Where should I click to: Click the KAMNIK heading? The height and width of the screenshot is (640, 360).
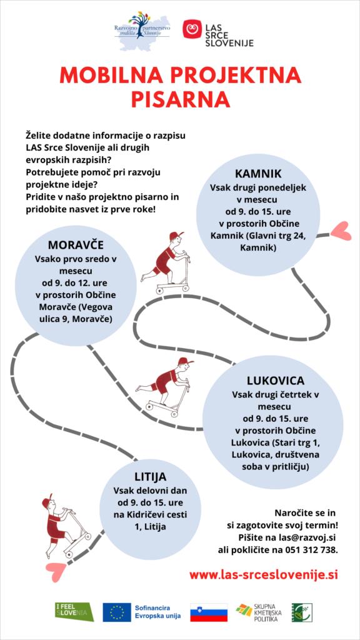point(258,174)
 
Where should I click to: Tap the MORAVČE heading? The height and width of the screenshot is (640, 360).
point(76,245)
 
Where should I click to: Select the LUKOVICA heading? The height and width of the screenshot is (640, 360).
point(276,381)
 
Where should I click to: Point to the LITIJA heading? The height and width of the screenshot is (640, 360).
point(150,476)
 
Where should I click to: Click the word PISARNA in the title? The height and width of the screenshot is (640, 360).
point(180,99)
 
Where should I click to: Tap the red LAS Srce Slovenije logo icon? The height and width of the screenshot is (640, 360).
point(192,29)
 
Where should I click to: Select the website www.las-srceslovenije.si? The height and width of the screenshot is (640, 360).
point(264,575)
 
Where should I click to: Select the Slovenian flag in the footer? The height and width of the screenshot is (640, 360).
point(209,612)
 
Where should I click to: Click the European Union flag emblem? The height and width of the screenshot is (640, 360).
point(117,612)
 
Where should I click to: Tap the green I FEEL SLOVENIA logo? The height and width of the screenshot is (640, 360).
point(75,611)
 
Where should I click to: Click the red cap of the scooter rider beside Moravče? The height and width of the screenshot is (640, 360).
point(176,236)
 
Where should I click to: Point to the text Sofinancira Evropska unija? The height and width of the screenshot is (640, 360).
point(157,612)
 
